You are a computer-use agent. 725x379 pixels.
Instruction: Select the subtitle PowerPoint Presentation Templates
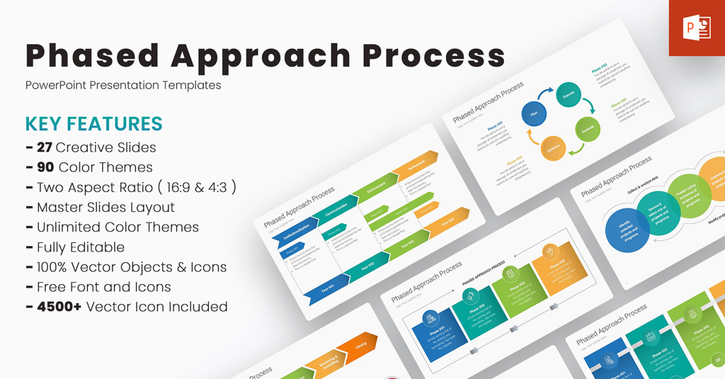(x=123, y=85)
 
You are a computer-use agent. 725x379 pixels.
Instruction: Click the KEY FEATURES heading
(x=94, y=123)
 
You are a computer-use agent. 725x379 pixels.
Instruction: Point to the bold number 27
(x=43, y=147)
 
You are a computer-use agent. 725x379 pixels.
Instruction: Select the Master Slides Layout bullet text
(x=105, y=207)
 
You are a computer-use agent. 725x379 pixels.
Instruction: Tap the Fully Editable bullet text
(x=80, y=247)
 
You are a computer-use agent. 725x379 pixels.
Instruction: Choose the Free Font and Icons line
(x=103, y=287)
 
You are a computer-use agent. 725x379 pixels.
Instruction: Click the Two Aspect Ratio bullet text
(x=136, y=187)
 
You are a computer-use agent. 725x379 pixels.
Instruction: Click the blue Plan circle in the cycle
(x=534, y=113)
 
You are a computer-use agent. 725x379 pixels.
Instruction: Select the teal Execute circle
(x=569, y=95)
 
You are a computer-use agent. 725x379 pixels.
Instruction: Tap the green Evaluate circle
(x=587, y=129)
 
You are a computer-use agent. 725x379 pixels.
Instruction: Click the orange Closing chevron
(x=360, y=346)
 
